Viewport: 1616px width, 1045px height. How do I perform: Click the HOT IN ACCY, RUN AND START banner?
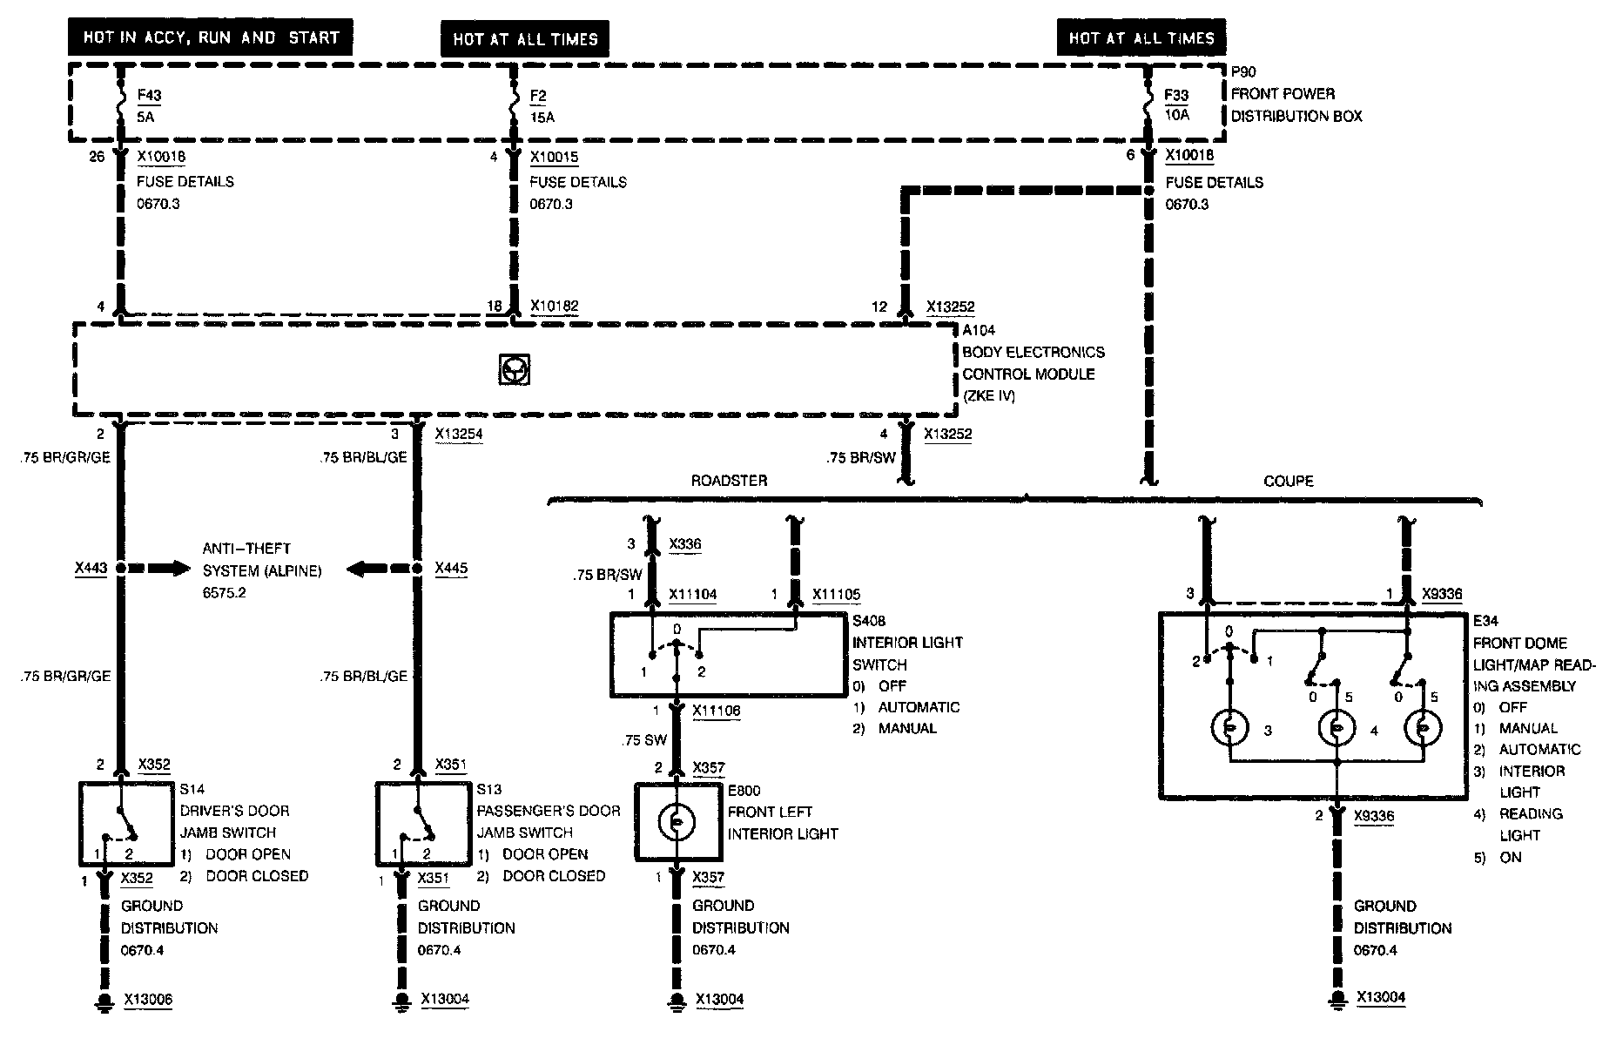pos(210,37)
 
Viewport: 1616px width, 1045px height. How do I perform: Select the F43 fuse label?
pos(149,96)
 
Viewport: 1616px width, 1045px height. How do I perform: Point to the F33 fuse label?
pos(1176,95)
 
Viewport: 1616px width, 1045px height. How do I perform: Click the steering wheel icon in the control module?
pos(515,370)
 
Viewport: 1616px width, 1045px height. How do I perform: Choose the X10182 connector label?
pos(554,307)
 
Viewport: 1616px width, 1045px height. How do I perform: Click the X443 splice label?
pos(91,569)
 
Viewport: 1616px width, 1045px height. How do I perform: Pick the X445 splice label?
pos(451,569)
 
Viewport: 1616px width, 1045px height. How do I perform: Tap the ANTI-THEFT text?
pos(246,549)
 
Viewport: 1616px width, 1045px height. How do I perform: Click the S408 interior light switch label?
pos(868,621)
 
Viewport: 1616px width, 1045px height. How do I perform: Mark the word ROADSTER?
pos(729,481)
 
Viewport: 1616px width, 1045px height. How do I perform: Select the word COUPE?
pos(1288,481)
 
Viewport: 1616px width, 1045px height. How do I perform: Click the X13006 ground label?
pos(148,1000)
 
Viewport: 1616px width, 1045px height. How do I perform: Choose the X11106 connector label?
pos(717,711)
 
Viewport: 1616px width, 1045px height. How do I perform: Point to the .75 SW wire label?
pos(644,740)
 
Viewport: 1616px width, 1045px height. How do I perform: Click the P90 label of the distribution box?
pos(1243,72)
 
